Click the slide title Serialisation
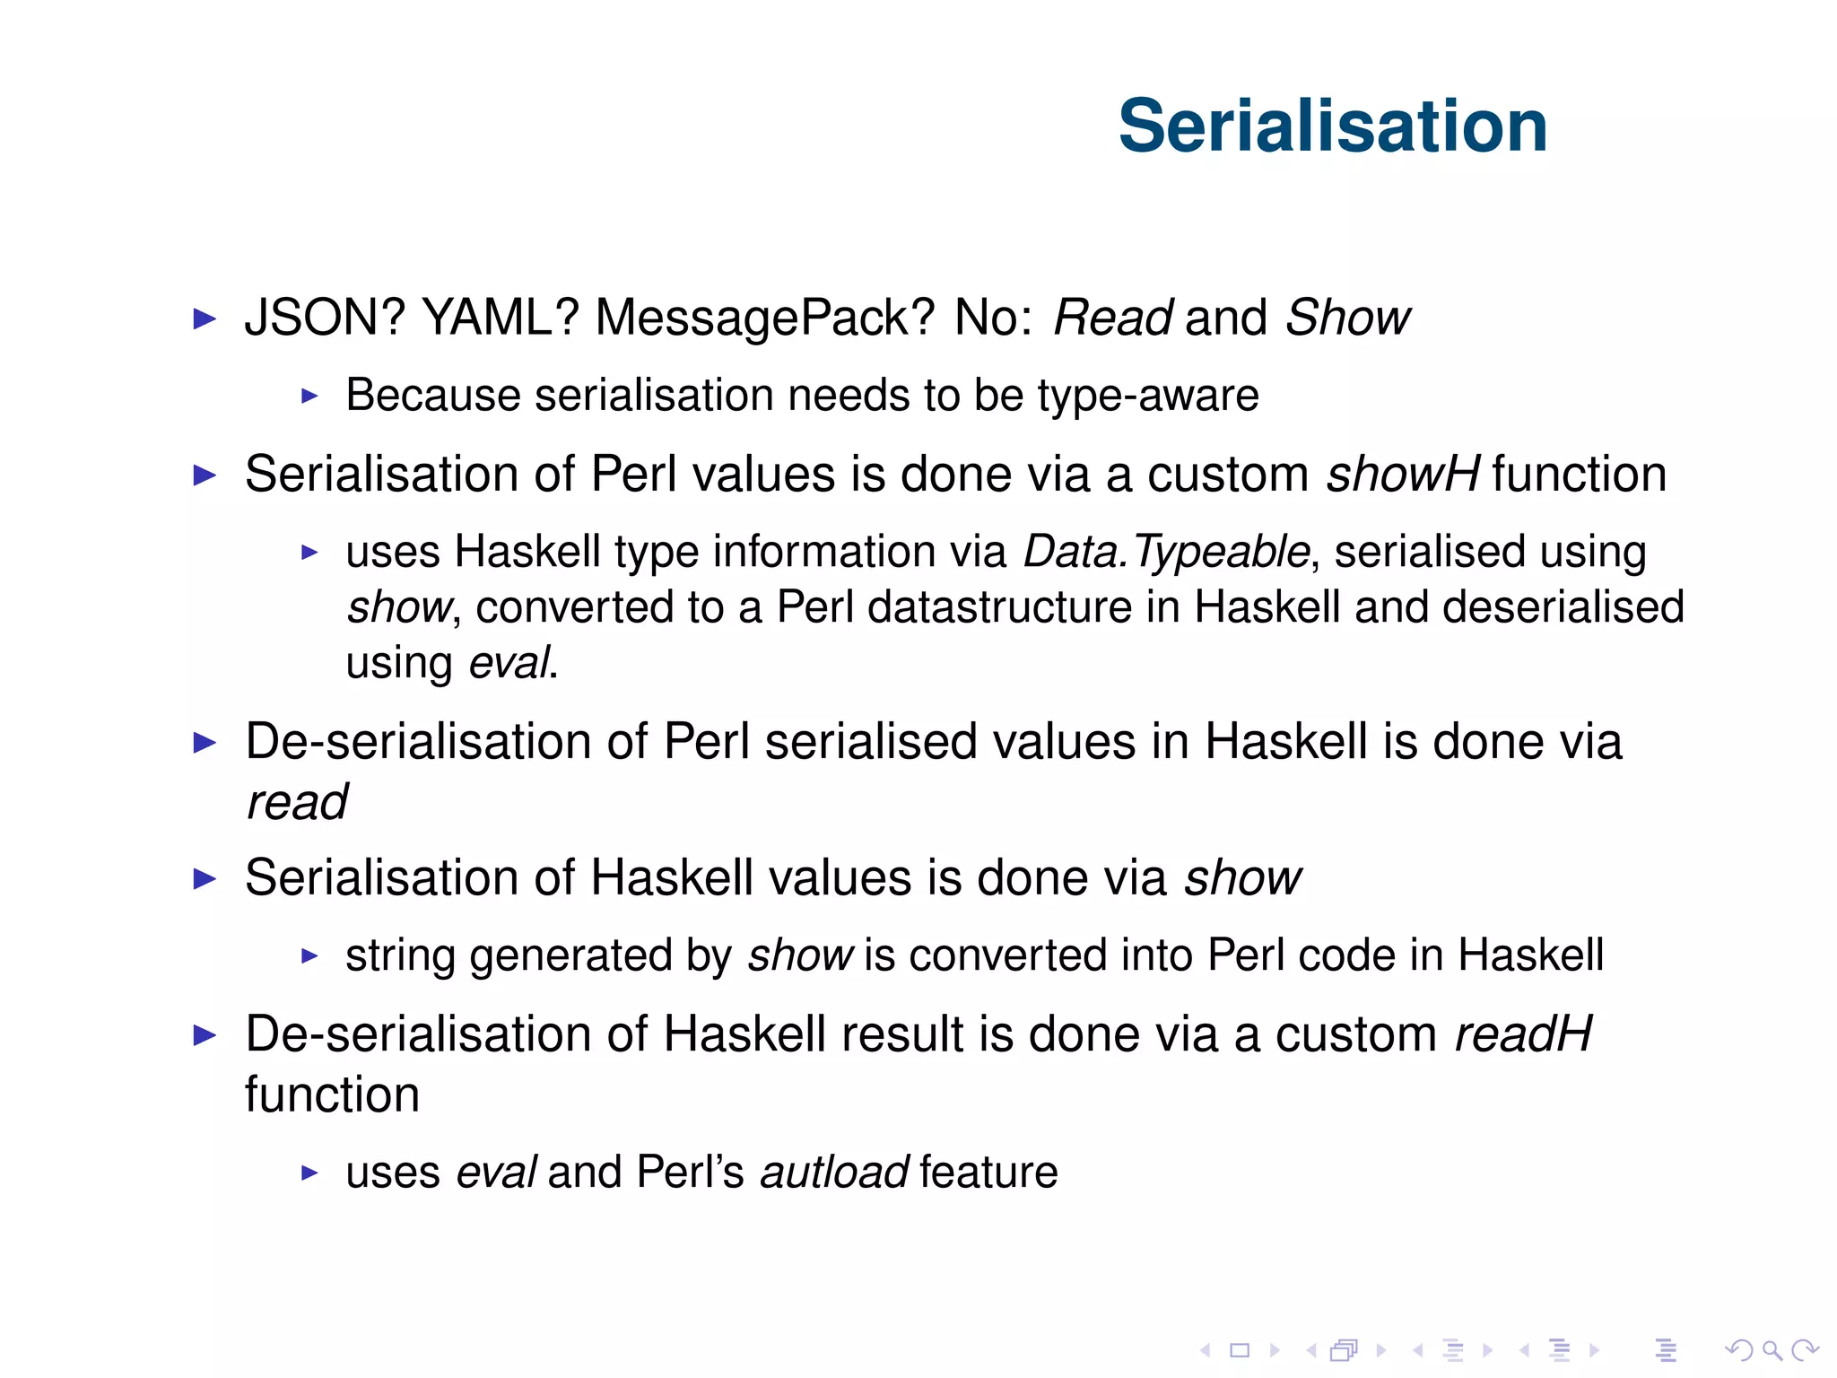pos(1332,126)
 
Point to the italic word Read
pos(1112,318)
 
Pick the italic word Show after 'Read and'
pos(1347,318)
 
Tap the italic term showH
pos(1403,474)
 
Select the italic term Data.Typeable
pos(1166,552)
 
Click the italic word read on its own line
pos(297,802)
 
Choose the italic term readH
pos(1523,1034)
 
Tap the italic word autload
pos(834,1173)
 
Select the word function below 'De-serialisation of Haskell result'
pos(332,1095)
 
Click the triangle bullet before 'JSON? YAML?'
pos(205,318)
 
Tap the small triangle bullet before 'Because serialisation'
pos(309,396)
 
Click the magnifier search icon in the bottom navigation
pos(1772,1350)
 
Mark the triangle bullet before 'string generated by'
pos(309,956)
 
